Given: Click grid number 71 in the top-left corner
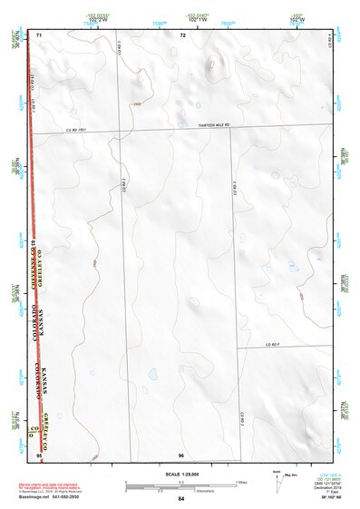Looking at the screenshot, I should (x=39, y=35).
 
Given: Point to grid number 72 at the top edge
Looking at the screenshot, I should (x=182, y=35).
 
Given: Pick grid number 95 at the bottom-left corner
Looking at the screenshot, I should (x=39, y=453).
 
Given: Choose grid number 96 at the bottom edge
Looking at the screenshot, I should (x=181, y=453).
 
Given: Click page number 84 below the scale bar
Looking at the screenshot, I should (x=181, y=499).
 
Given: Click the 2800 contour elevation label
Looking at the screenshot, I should (x=137, y=105).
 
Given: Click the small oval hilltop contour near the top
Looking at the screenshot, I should (x=215, y=64).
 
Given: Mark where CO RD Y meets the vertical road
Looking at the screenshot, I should (x=238, y=348).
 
